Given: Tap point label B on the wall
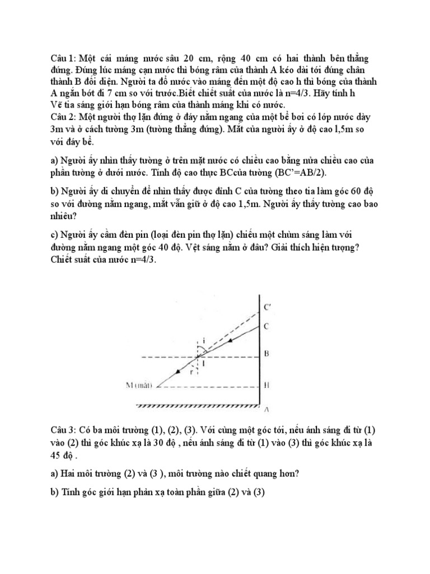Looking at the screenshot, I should [267, 354].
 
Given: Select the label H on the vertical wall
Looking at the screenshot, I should [267, 386].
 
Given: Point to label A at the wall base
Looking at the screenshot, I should [267, 410].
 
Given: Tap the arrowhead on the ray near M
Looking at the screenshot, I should [178, 371].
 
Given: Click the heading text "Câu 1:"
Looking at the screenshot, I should [63, 59].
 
